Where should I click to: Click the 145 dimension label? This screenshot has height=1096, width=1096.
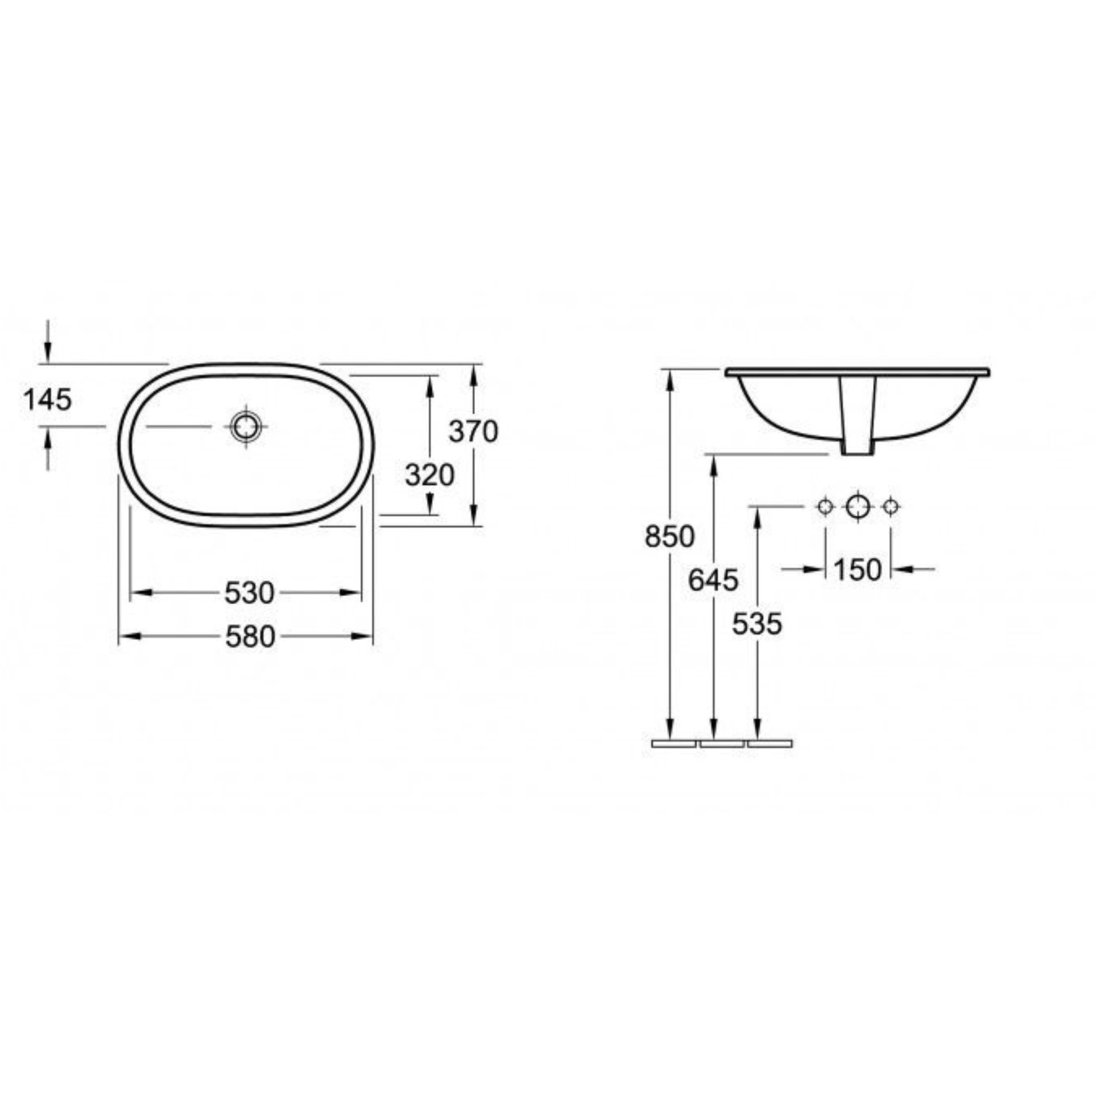(x=48, y=400)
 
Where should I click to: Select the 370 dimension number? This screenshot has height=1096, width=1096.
(x=473, y=431)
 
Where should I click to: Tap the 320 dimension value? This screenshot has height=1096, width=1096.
(x=429, y=475)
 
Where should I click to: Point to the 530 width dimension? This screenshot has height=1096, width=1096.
(x=249, y=593)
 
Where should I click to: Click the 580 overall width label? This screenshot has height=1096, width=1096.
(x=250, y=637)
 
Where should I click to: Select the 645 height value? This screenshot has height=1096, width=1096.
(x=713, y=580)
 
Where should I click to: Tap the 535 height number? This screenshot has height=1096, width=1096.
(x=757, y=624)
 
